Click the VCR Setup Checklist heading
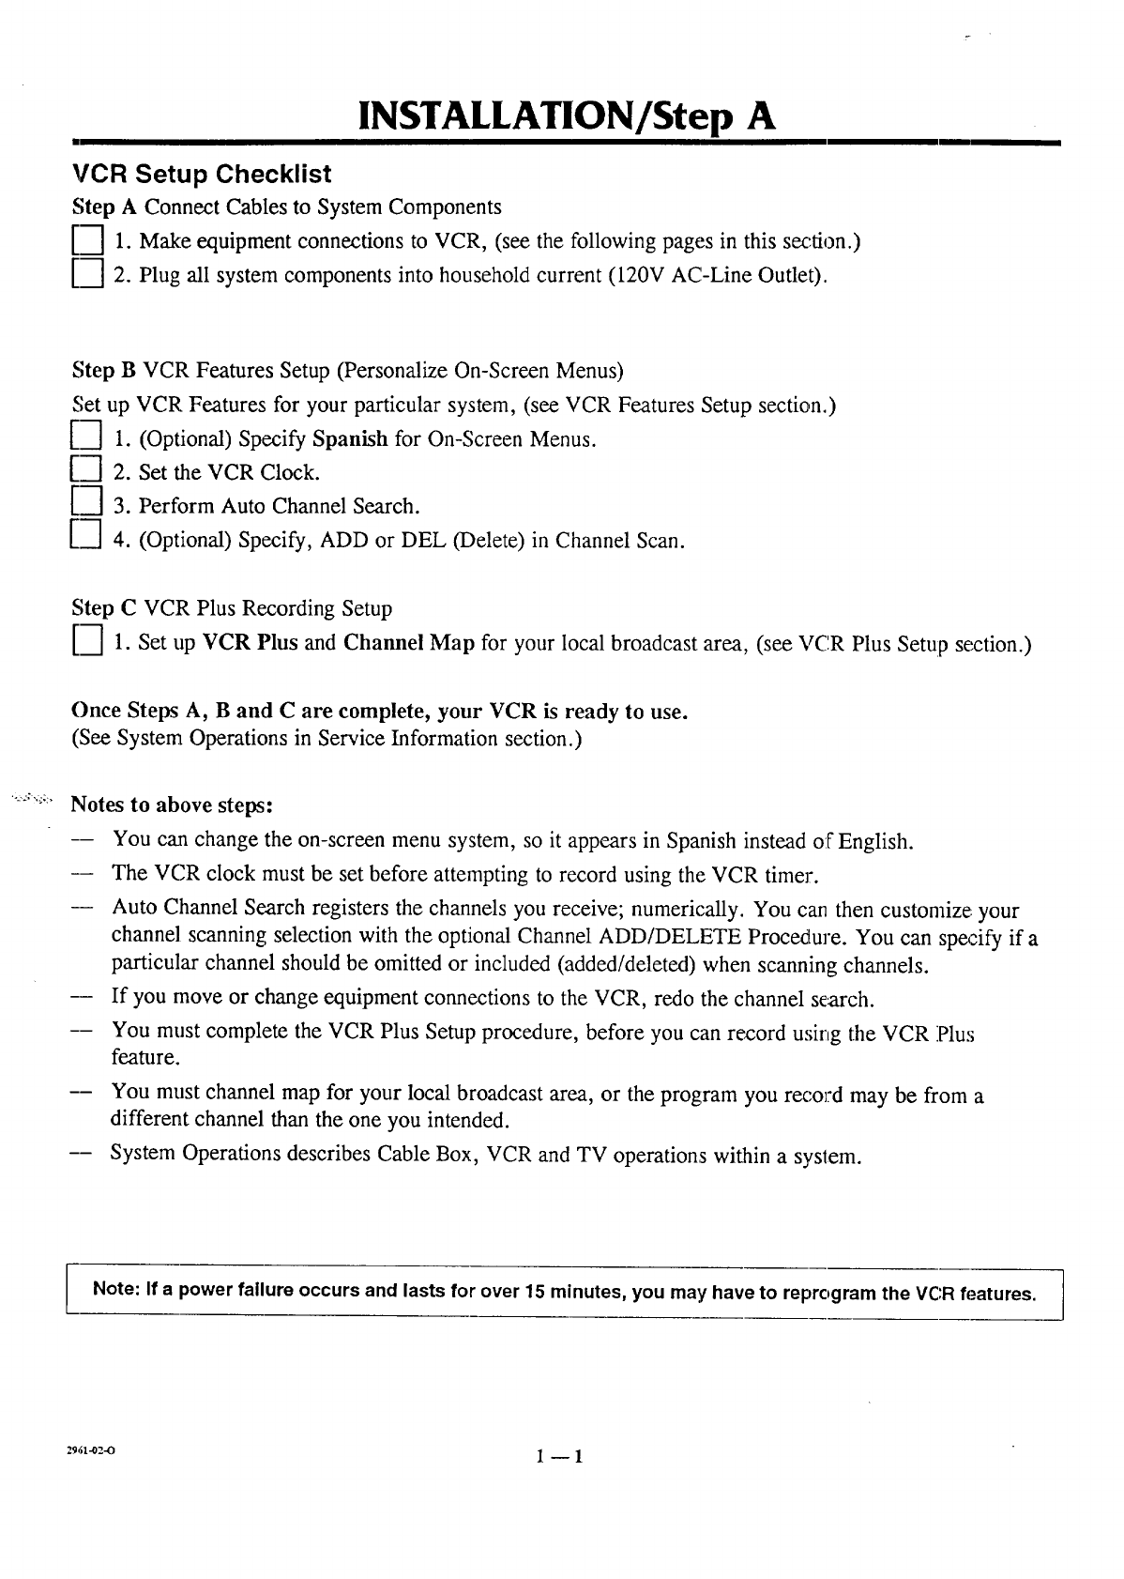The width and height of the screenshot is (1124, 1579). point(202,175)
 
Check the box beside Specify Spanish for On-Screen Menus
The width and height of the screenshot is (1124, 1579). point(85,438)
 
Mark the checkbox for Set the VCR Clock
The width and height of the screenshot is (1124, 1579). point(85,471)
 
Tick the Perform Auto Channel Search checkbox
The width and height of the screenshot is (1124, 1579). point(85,505)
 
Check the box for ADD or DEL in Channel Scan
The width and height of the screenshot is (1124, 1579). point(85,540)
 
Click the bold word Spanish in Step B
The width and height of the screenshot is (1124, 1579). point(350,439)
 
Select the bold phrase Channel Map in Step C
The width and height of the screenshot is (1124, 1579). point(408,644)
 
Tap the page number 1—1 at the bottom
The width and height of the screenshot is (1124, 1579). point(560,1457)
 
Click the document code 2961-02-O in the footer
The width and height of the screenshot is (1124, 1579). point(91,1449)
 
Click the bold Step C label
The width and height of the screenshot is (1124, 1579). point(104,608)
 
